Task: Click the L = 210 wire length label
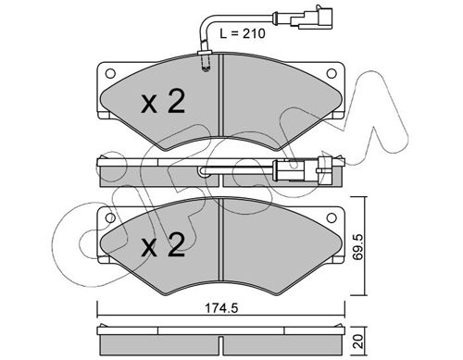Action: tap(243, 33)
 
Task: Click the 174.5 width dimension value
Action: tap(221, 308)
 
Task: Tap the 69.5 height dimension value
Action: tap(358, 247)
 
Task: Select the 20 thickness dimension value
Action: tap(358, 341)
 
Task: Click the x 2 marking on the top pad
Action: tap(163, 101)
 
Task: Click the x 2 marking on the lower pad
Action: tap(163, 244)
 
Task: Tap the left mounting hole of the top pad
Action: tap(110, 74)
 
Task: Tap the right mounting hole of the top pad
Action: tap(332, 73)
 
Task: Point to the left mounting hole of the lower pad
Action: tap(110, 218)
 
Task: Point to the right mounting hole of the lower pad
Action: tap(332, 217)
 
